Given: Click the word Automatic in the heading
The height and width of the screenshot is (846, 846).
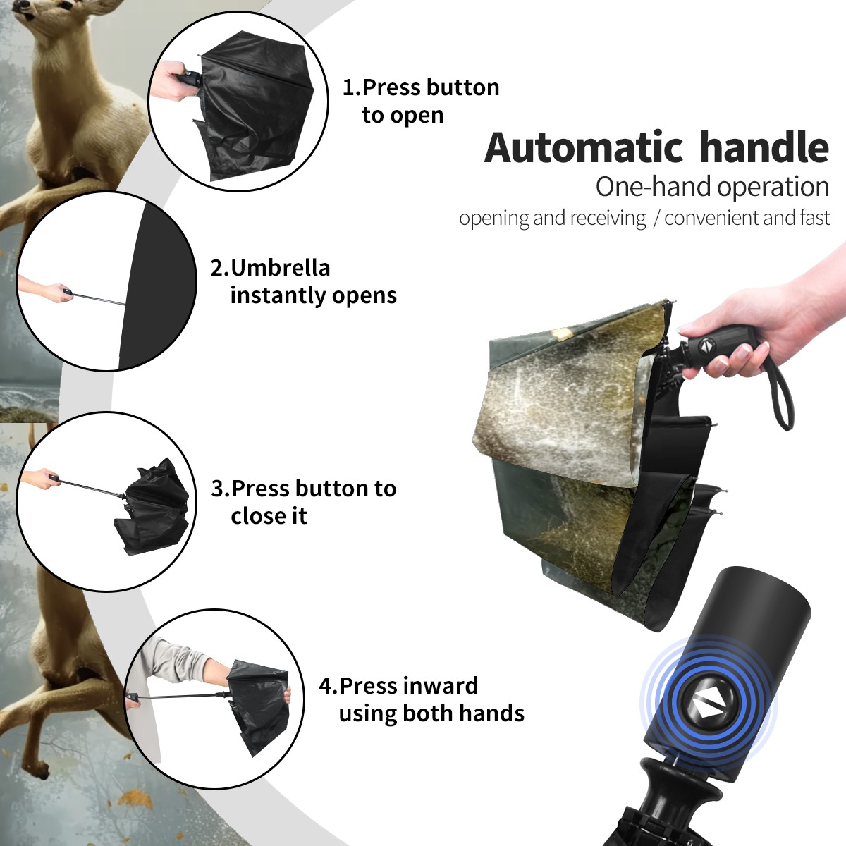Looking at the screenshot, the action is pos(584,148).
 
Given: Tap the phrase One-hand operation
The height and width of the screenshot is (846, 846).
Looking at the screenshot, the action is pos(712,187).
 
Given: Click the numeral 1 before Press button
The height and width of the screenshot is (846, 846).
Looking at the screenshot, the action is pos(348,87).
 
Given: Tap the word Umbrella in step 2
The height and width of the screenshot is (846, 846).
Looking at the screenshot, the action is pos(280,268).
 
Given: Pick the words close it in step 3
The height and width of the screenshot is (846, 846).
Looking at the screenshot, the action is pos(269,515).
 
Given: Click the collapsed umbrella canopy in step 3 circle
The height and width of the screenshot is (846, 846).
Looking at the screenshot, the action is pos(154,507).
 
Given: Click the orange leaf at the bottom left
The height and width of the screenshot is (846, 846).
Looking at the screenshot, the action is pos(135,799).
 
